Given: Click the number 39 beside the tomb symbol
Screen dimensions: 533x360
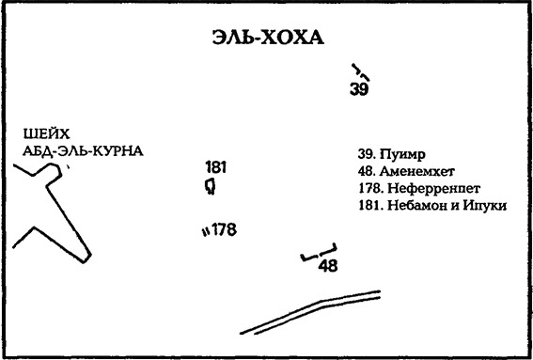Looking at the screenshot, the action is point(358,90).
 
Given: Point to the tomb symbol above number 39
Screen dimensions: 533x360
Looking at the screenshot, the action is point(358,71).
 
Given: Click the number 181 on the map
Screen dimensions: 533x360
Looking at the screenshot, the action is point(215,167).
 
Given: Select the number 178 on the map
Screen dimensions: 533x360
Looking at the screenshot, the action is point(223,229).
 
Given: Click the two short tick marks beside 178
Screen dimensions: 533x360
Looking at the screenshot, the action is point(204,230).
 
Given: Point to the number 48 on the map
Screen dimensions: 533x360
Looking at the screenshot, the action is point(327,266).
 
